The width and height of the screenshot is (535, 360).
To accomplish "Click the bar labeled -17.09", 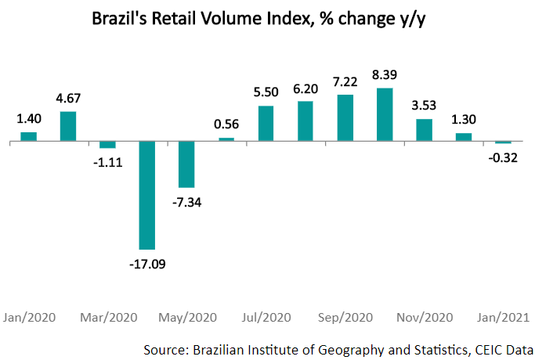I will [147, 196].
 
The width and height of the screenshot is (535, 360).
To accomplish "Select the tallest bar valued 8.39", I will [385, 115].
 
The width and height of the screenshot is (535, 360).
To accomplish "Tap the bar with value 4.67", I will [68, 126].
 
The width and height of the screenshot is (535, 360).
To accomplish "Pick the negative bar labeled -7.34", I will [186, 164].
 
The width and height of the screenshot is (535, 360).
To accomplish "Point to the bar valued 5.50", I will [266, 124].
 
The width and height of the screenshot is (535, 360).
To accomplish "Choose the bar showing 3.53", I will [424, 130].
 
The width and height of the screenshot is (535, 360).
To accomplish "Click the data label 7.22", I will [345, 81].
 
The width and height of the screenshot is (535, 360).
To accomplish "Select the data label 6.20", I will [305, 90].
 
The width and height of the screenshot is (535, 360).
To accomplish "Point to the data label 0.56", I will [226, 124].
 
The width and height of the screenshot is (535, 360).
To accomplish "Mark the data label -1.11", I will [107, 161].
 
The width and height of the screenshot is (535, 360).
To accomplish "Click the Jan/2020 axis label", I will [30, 318].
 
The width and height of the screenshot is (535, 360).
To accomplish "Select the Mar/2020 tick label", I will [110, 318].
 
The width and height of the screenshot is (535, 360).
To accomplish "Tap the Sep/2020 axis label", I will [345, 318].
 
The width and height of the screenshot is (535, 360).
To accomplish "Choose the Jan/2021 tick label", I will [502, 318].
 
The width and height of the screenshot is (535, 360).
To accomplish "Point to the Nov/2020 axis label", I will [424, 318].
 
